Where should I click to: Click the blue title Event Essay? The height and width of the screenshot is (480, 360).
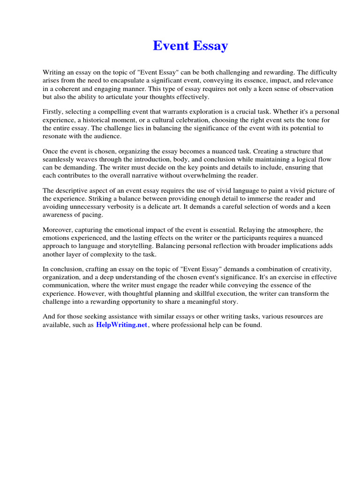point(190,45)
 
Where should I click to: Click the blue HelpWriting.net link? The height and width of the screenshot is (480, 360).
point(121,325)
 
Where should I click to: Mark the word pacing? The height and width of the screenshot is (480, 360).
point(92,215)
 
